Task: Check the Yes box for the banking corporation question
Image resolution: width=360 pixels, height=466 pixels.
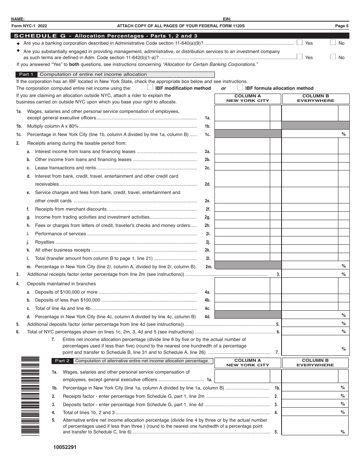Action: [x=299, y=42]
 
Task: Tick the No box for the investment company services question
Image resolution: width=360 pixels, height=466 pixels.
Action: [x=333, y=57]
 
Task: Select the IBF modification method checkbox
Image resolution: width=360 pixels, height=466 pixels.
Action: [x=150, y=88]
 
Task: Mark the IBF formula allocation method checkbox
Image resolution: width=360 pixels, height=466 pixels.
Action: [x=240, y=88]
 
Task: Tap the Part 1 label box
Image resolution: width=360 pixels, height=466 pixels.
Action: [x=26, y=74]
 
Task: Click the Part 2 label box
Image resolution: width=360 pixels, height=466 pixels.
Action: [x=62, y=361]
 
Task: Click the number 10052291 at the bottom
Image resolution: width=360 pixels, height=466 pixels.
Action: [x=65, y=447]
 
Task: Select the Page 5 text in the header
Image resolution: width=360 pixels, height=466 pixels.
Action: [x=342, y=26]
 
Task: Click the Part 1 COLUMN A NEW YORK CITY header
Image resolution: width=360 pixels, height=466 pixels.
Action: [x=247, y=99]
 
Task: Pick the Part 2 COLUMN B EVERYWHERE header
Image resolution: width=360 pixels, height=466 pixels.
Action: [x=315, y=363]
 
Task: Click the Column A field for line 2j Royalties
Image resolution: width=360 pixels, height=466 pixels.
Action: [x=242, y=242]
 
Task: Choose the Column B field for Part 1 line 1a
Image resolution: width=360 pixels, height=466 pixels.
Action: [x=310, y=113]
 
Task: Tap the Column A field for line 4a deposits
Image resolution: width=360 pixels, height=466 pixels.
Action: [x=242, y=292]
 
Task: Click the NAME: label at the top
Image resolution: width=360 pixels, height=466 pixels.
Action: [x=18, y=19]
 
